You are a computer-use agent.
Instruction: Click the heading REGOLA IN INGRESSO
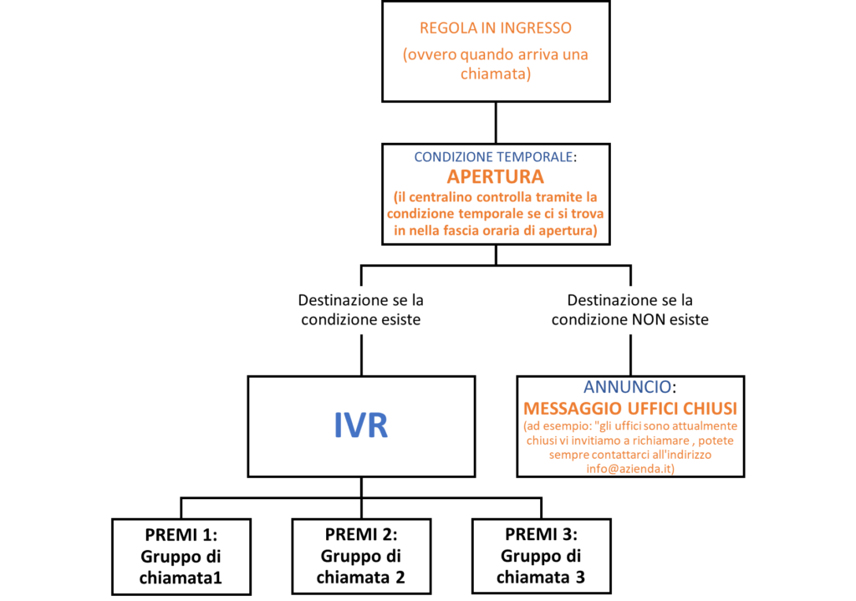[x=496, y=28]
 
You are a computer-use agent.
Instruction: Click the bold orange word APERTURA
[x=496, y=177]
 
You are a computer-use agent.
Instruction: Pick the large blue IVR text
[x=361, y=425]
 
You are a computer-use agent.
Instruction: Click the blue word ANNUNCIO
[x=627, y=388]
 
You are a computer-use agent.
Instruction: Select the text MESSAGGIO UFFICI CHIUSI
[x=630, y=409]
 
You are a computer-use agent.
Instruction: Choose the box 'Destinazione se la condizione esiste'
[x=361, y=310]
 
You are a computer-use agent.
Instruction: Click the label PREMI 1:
[x=181, y=535]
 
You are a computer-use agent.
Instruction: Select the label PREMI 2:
[x=361, y=534]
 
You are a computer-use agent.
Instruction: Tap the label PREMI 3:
[x=541, y=534]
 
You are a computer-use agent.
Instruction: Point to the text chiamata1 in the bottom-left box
[x=181, y=578]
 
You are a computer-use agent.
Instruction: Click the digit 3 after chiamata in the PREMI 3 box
[x=579, y=577]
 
